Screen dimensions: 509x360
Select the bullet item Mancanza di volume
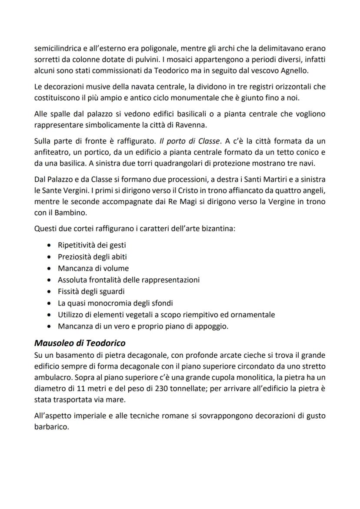(x=93, y=268)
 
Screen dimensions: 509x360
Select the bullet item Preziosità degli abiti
(x=92, y=256)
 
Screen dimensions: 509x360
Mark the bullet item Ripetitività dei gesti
(x=92, y=245)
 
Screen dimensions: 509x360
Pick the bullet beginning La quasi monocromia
(x=115, y=303)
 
